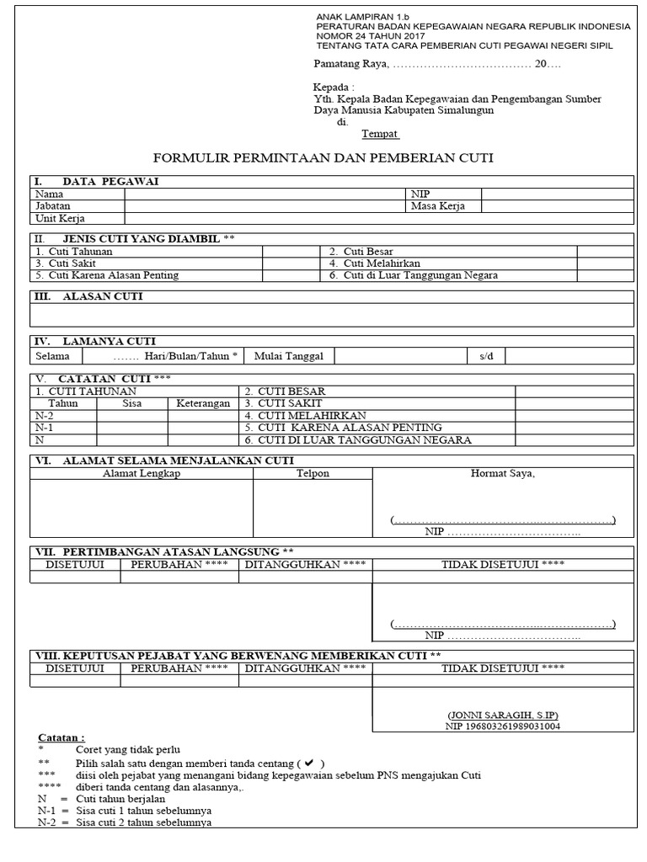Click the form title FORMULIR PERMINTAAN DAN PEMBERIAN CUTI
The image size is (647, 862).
[x=323, y=157]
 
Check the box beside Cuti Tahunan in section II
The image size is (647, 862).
[x=291, y=252]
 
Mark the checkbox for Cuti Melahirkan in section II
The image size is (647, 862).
[x=605, y=263]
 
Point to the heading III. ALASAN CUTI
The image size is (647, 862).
[x=88, y=297]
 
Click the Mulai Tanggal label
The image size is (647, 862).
[x=289, y=356]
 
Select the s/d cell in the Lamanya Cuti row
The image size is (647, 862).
[x=486, y=356]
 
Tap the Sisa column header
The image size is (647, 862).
[x=132, y=403]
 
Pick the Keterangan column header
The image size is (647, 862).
[x=203, y=403]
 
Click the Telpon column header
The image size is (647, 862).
[x=313, y=474]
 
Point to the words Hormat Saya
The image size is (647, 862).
[x=502, y=474]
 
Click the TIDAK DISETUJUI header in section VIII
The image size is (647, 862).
[x=503, y=668]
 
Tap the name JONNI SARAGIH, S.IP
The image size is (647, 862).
[x=503, y=714]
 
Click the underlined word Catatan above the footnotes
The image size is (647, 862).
[x=61, y=737]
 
